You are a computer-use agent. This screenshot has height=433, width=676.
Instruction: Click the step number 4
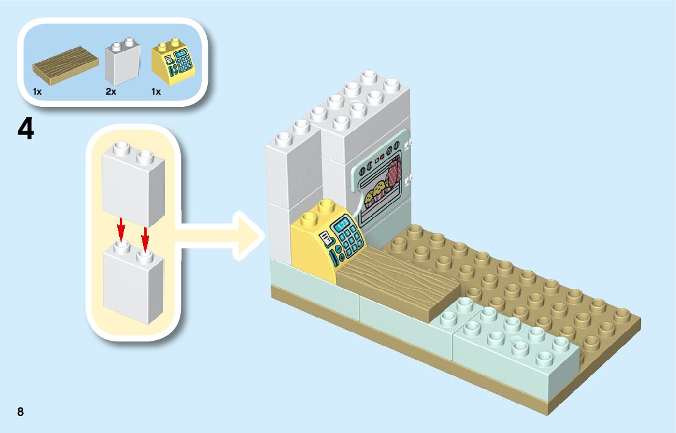coord(26,130)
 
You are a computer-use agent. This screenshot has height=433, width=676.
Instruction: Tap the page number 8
coord(21,411)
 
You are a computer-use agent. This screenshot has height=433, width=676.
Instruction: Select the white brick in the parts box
coord(122,63)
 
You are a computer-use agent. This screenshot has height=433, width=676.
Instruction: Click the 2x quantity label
coord(111,92)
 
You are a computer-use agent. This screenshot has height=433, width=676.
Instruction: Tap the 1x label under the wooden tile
coord(37,92)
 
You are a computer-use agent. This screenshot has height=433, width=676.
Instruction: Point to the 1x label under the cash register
coord(156,92)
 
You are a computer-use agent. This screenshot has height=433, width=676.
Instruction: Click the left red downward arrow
coord(121,230)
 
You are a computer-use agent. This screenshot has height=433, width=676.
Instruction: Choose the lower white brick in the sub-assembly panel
coord(133,281)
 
